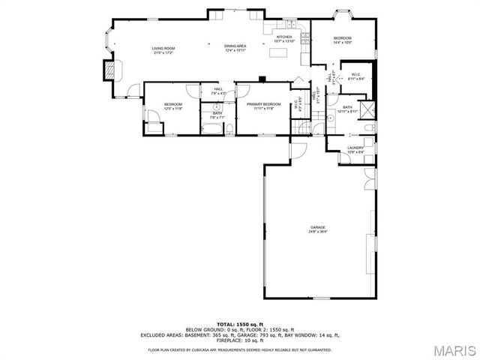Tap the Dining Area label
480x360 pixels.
(x=235, y=46)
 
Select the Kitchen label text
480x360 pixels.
(x=283, y=37)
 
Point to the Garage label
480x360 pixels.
(x=319, y=227)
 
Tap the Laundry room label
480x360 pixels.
(x=355, y=148)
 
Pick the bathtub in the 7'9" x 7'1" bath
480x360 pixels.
(x=212, y=130)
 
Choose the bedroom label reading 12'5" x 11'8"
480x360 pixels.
(x=173, y=106)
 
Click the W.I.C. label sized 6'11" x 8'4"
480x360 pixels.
(x=355, y=76)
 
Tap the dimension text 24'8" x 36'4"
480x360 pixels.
(x=319, y=232)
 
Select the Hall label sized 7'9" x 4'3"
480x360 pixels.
(x=218, y=91)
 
